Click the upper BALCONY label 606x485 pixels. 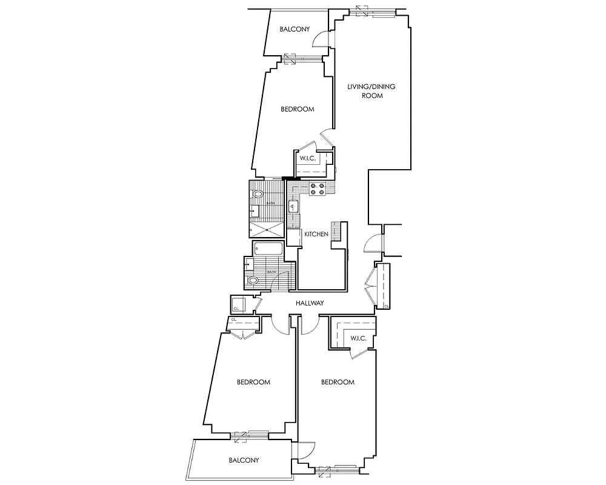click(x=295, y=29)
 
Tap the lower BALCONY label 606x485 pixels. click(x=244, y=460)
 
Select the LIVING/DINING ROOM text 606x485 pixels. click(x=371, y=91)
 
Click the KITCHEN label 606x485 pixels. click(x=316, y=234)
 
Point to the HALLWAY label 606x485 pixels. click(x=310, y=303)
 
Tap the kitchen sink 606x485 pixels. click(x=292, y=208)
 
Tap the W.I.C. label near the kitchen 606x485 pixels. click(x=308, y=158)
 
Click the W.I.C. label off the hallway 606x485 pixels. click(x=358, y=338)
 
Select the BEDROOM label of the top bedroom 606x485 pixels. click(x=297, y=109)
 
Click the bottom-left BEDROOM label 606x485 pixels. click(x=253, y=382)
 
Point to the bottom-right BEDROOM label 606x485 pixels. click(x=337, y=382)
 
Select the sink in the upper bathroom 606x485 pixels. click(x=256, y=210)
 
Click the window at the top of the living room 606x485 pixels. click(x=376, y=10)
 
